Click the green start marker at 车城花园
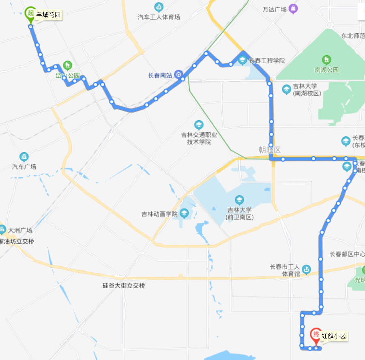click(30, 13)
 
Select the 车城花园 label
click(48, 15)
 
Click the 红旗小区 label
click(334, 336)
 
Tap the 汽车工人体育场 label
click(159, 17)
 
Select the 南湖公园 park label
click(326, 70)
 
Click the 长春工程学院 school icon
click(243, 61)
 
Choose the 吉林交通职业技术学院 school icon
click(199, 125)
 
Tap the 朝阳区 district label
click(270, 150)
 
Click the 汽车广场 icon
click(24, 157)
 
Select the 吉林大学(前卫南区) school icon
click(240, 200)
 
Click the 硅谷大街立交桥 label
click(124, 285)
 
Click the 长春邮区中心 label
click(347, 254)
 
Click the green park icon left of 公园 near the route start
click(67, 65)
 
